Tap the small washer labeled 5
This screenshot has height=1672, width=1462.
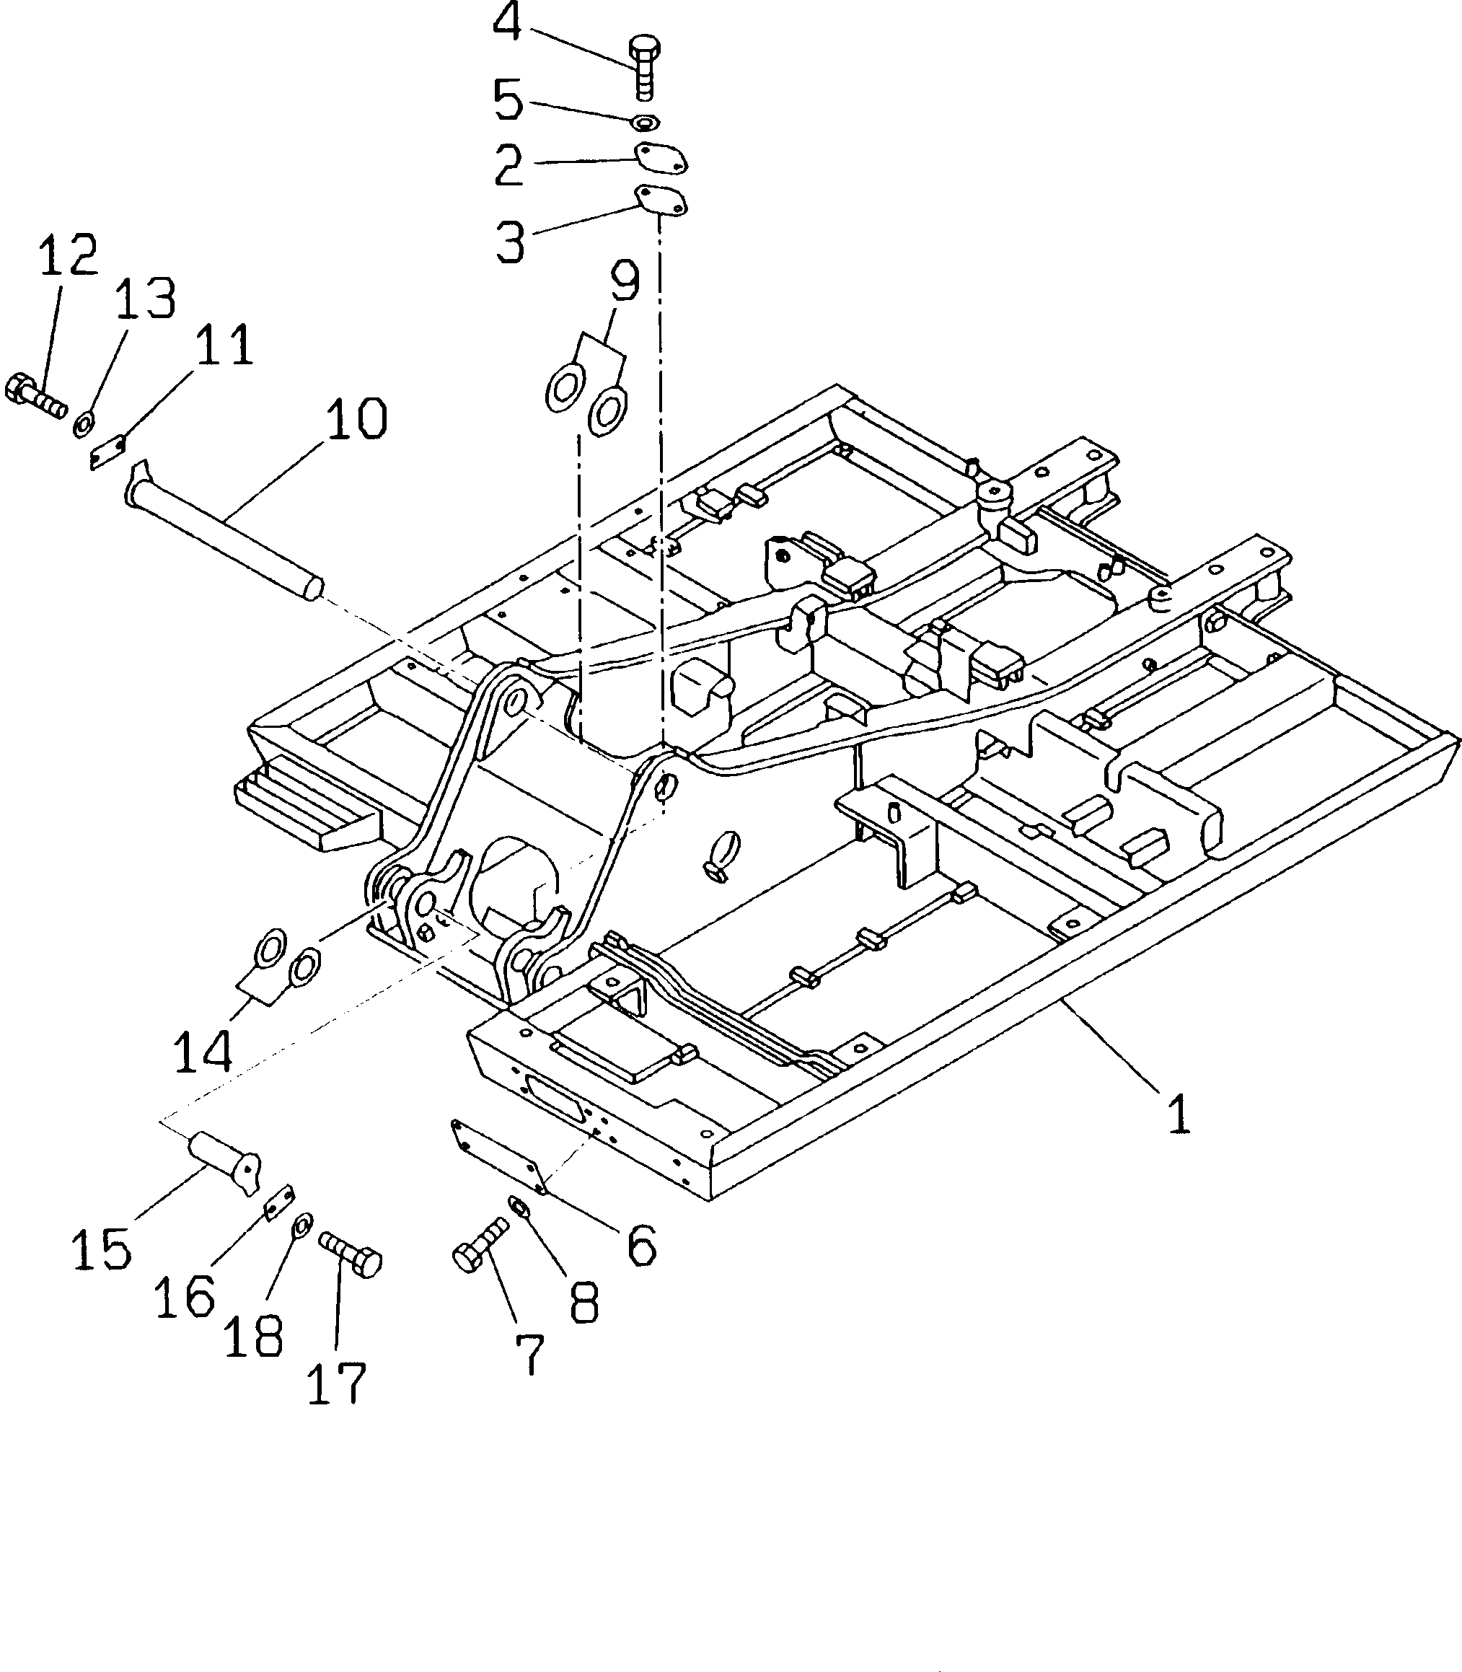(646, 123)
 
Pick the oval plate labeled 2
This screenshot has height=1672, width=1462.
(661, 158)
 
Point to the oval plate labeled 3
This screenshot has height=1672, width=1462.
(661, 200)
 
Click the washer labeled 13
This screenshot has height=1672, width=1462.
(83, 424)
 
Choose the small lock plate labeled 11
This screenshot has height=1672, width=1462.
(107, 452)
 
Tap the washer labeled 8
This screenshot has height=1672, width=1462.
(518, 1205)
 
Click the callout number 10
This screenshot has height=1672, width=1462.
(356, 419)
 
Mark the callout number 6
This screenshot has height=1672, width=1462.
(641, 1245)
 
